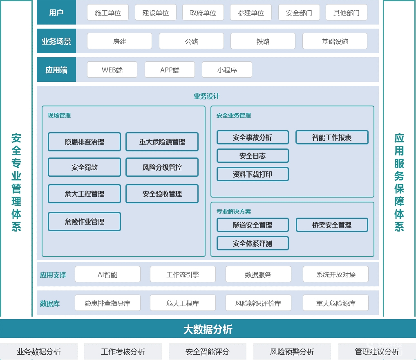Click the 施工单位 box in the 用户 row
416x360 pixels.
point(108,13)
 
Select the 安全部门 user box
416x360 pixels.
point(299,13)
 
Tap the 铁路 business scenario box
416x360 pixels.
point(263,41)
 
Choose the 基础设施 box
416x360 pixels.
point(335,41)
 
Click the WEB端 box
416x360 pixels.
point(112,70)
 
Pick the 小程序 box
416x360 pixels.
point(227,70)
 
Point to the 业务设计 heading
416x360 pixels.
point(207,96)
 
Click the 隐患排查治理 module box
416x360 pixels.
point(84,142)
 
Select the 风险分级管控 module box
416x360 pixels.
point(162,167)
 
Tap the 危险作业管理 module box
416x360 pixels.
point(84,222)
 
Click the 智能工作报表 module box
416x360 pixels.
point(332,137)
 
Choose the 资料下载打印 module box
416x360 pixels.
point(253,174)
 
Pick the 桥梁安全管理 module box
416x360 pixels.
point(332,225)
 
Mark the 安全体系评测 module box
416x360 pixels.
point(253,243)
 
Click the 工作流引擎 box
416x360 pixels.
point(183,274)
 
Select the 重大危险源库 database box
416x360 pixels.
point(335,303)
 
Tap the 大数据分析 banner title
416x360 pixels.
point(208,329)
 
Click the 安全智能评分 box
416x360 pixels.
point(208,351)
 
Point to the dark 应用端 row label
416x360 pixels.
point(56,70)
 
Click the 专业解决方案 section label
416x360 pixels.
point(234,211)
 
